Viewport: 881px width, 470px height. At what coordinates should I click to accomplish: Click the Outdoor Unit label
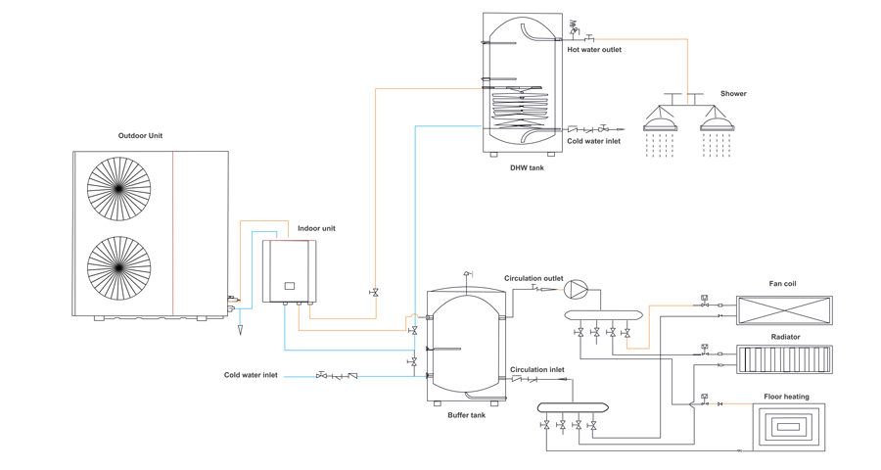(x=140, y=136)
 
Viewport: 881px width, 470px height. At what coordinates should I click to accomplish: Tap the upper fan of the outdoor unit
(x=119, y=189)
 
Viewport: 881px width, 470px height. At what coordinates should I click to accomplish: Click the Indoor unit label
(x=316, y=229)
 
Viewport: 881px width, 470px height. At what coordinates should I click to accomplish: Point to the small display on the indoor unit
(x=290, y=286)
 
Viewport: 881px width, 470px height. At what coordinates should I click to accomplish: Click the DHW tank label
(x=527, y=167)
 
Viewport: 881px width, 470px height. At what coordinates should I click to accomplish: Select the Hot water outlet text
(x=594, y=49)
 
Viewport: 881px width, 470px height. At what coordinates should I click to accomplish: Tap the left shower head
(x=660, y=124)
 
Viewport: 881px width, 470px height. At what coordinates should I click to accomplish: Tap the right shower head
(x=718, y=124)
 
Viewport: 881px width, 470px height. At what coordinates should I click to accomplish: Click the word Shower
(x=733, y=94)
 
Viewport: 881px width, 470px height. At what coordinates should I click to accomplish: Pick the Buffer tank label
(x=466, y=415)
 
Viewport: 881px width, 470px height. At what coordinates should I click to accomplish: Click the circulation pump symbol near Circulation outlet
(x=578, y=288)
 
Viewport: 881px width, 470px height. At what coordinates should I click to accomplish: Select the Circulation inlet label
(x=536, y=370)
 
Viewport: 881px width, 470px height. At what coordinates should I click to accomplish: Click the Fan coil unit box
(x=784, y=310)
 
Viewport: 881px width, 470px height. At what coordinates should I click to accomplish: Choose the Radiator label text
(x=785, y=337)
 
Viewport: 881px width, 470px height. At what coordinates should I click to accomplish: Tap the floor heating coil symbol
(x=789, y=427)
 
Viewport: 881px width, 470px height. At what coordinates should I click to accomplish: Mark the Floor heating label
(x=786, y=398)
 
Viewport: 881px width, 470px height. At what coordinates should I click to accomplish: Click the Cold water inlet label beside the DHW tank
(x=593, y=141)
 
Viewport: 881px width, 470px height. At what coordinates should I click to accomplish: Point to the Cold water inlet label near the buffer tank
(x=251, y=375)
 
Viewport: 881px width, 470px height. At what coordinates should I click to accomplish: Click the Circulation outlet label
(x=533, y=278)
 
